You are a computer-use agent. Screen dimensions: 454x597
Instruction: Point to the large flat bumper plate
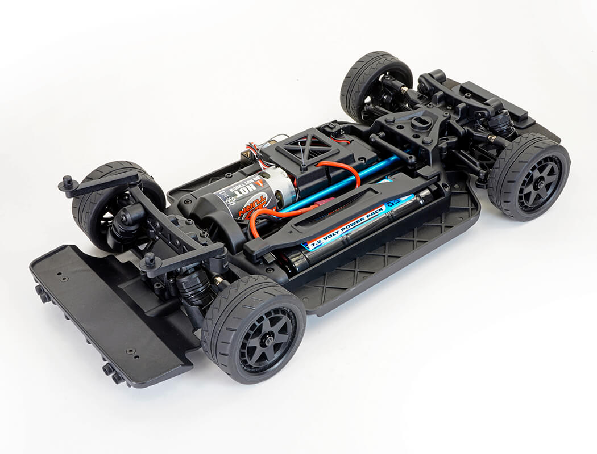tap(108, 309)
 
